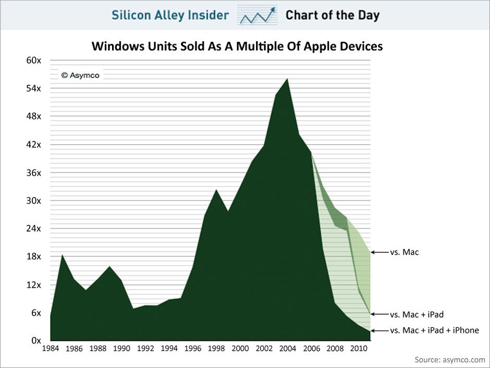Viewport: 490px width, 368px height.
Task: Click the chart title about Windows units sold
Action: click(237, 46)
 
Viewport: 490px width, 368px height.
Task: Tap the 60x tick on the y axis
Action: click(34, 61)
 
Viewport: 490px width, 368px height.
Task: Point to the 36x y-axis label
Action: click(34, 173)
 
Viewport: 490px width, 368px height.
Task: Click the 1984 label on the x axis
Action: click(51, 349)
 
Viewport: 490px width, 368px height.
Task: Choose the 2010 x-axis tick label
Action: click(358, 349)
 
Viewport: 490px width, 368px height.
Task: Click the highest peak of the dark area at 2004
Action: click(287, 79)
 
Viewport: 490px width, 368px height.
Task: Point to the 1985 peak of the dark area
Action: click(63, 255)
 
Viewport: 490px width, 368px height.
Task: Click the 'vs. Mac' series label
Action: click(405, 252)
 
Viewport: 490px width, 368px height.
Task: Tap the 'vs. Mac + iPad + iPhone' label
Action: click(434, 330)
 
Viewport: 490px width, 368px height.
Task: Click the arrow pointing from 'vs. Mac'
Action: click(379, 252)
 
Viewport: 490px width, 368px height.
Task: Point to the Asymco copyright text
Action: click(80, 75)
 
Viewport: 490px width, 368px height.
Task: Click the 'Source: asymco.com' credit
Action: click(450, 360)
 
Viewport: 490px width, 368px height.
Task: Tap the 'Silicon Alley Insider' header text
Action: click(170, 15)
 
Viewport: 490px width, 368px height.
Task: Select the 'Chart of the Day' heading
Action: click(332, 15)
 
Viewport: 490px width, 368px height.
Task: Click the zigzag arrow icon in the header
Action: click(256, 15)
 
